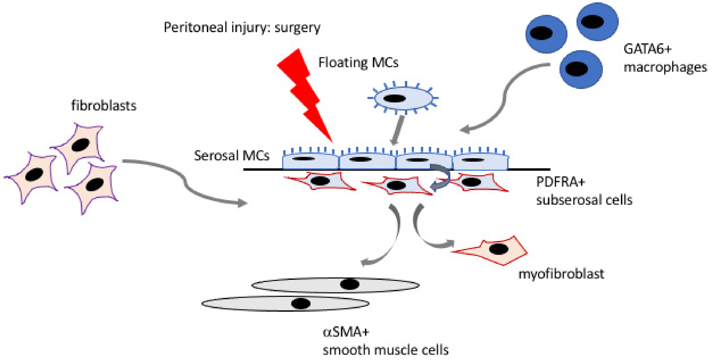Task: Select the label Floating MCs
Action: pyautogui.click(x=358, y=62)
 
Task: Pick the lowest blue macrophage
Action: pyautogui.click(x=581, y=69)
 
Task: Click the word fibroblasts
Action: pyautogui.click(x=104, y=106)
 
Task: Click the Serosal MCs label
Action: pyautogui.click(x=231, y=156)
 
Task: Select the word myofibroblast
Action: pyautogui.click(x=561, y=274)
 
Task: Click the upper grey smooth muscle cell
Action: pyautogui.click(x=335, y=285)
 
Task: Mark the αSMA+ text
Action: pyautogui.click(x=345, y=332)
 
